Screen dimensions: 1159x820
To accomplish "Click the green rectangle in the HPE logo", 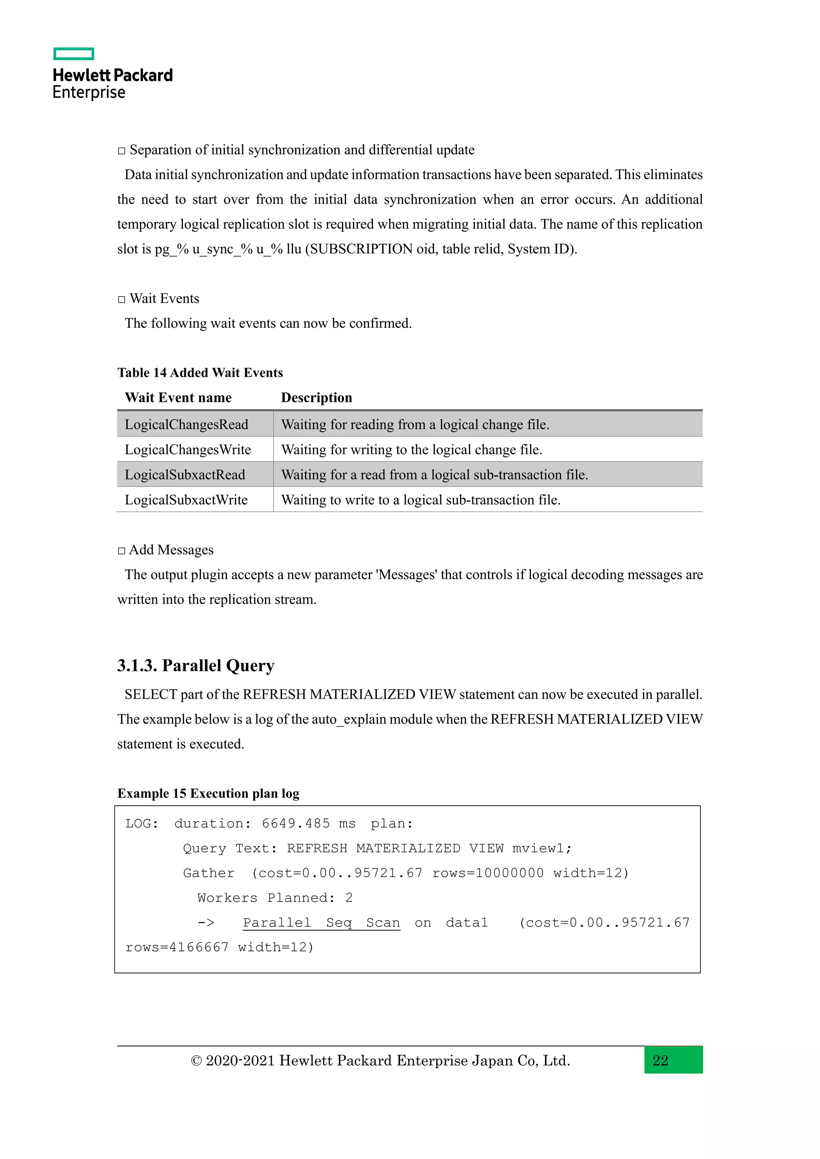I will click(74, 54).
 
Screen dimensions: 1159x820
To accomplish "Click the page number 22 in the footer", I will click(660, 1060).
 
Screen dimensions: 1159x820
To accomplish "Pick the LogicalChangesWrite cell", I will click(188, 450).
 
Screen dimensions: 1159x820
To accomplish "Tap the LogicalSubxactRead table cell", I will click(185, 475).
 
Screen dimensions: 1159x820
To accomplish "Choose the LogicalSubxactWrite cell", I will click(186, 500).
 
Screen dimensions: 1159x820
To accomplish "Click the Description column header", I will click(317, 398).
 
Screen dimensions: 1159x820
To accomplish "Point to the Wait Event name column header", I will click(178, 398).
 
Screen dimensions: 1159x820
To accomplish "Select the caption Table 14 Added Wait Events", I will click(200, 373).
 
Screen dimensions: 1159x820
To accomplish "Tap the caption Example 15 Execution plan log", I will click(209, 794).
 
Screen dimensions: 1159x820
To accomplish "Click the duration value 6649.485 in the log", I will click(295, 824).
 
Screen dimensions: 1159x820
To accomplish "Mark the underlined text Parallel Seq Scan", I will click(322, 923).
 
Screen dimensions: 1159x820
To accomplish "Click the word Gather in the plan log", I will click(209, 873).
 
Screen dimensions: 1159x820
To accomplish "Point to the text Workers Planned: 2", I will click(275, 898).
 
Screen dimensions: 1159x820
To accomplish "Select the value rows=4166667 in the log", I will click(177, 948).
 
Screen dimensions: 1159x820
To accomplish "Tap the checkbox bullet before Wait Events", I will click(122, 299).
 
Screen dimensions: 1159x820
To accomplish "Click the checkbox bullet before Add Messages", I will click(122, 551).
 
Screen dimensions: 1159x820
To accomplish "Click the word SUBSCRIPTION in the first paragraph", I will click(361, 249).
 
